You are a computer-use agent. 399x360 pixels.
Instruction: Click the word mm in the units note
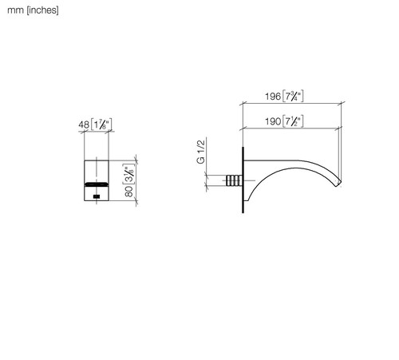pos(15,10)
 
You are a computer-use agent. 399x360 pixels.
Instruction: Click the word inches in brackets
pos(42,10)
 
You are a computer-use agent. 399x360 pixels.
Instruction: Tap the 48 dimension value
pos(84,125)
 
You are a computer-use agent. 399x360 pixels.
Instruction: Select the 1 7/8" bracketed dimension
pos(101,125)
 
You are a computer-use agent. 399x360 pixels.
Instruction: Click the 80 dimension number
pos(128,191)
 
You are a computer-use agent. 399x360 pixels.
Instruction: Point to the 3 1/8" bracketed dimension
pos(128,174)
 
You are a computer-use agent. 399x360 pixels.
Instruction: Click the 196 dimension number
pos(273,96)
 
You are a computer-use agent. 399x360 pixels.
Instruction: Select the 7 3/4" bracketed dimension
pos(293,96)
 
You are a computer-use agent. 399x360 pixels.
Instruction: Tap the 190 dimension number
pos(273,121)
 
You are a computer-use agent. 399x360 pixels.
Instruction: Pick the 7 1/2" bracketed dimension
pos(293,121)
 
